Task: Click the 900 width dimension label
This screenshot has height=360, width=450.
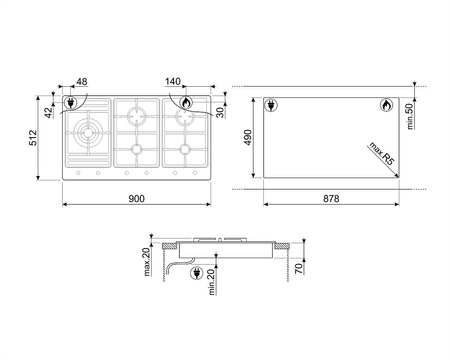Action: click(136, 199)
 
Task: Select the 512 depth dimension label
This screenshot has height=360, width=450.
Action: click(33, 138)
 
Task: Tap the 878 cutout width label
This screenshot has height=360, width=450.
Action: click(331, 199)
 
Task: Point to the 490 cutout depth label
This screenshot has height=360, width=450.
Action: click(248, 138)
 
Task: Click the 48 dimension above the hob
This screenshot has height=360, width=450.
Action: click(82, 82)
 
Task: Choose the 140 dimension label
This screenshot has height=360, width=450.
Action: click(173, 82)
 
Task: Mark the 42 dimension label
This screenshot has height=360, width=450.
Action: click(49, 113)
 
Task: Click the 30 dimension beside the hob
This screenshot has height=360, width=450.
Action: click(220, 113)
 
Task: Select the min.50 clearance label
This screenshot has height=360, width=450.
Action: click(409, 116)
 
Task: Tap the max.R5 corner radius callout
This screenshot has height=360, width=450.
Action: click(382, 154)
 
